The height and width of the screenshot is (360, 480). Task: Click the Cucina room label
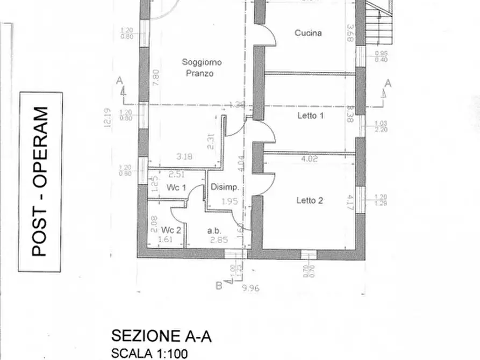[308, 33]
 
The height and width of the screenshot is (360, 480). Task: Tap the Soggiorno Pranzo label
[201, 68]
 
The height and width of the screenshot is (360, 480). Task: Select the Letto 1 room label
[310, 115]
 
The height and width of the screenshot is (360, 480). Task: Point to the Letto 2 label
[310, 200]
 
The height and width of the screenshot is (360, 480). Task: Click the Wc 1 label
[176, 188]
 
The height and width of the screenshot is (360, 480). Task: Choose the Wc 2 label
[171, 229]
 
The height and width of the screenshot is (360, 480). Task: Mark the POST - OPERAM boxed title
[40, 181]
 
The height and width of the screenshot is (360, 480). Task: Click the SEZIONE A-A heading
[161, 336]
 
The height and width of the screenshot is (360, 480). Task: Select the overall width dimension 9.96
[250, 289]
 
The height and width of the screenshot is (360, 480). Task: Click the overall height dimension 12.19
[109, 118]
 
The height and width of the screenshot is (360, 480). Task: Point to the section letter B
[219, 286]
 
